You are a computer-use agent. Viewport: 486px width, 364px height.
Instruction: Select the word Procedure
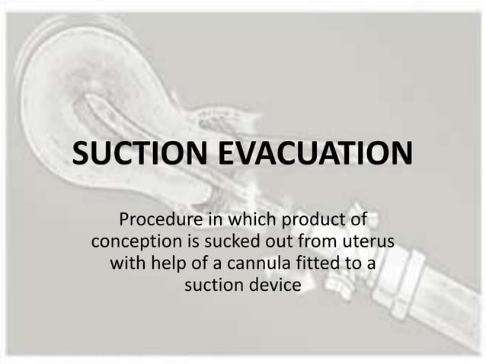[157, 222]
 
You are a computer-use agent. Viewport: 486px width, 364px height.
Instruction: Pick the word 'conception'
[136, 244]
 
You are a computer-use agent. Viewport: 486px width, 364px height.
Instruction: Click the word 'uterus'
[369, 244]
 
